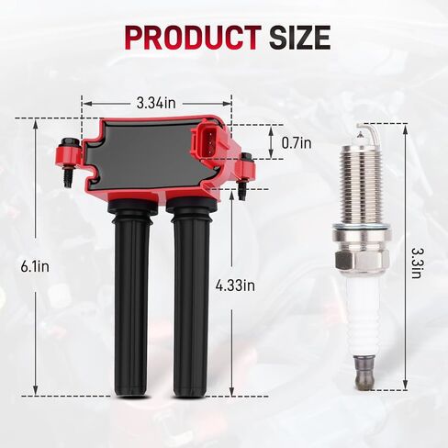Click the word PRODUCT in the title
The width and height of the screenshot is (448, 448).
[193, 38]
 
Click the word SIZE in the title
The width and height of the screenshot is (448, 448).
[299, 38]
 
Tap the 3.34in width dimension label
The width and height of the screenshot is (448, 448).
[156, 103]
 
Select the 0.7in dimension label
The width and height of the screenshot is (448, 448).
[297, 142]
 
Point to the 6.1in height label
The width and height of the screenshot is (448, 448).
[35, 266]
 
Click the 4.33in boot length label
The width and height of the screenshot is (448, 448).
[235, 286]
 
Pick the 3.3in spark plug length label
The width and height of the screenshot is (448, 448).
[416, 263]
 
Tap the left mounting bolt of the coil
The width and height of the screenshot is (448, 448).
[68, 162]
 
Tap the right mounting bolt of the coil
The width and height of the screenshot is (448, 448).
[246, 176]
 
